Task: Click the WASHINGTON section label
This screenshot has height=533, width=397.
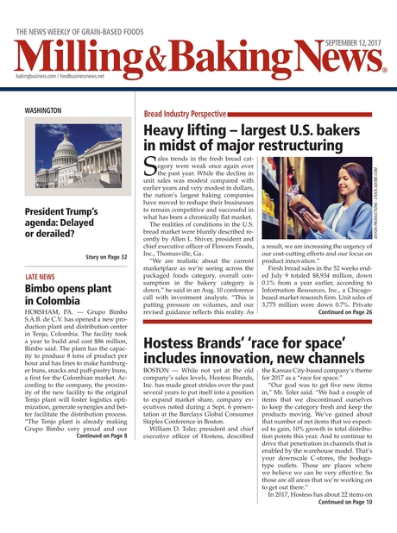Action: click(x=43, y=111)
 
